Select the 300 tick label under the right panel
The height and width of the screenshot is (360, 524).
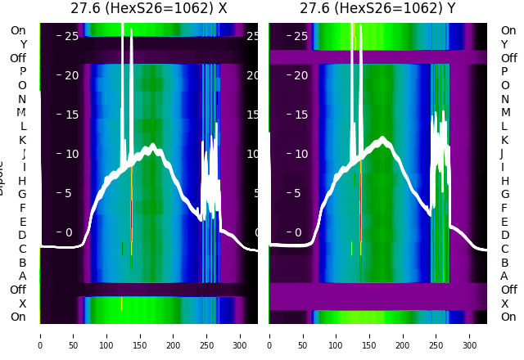click(x=470, y=335)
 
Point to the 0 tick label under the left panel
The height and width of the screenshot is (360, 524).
click(x=40, y=335)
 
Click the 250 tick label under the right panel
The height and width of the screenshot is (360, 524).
click(x=436, y=335)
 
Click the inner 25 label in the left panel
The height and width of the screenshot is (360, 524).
click(x=71, y=36)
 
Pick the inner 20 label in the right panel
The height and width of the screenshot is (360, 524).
click(x=301, y=75)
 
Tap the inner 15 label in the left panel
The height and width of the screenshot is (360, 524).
click(x=71, y=115)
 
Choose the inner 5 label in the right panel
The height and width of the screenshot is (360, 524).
click(x=301, y=193)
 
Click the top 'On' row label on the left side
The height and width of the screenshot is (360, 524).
click(x=18, y=31)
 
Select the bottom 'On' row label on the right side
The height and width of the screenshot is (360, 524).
click(x=508, y=317)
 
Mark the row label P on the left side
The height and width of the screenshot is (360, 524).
click(x=22, y=72)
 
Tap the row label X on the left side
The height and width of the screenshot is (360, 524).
click(x=22, y=304)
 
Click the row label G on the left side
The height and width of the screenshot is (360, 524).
click(x=22, y=194)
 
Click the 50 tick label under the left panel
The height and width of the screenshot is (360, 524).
click(x=74, y=335)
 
